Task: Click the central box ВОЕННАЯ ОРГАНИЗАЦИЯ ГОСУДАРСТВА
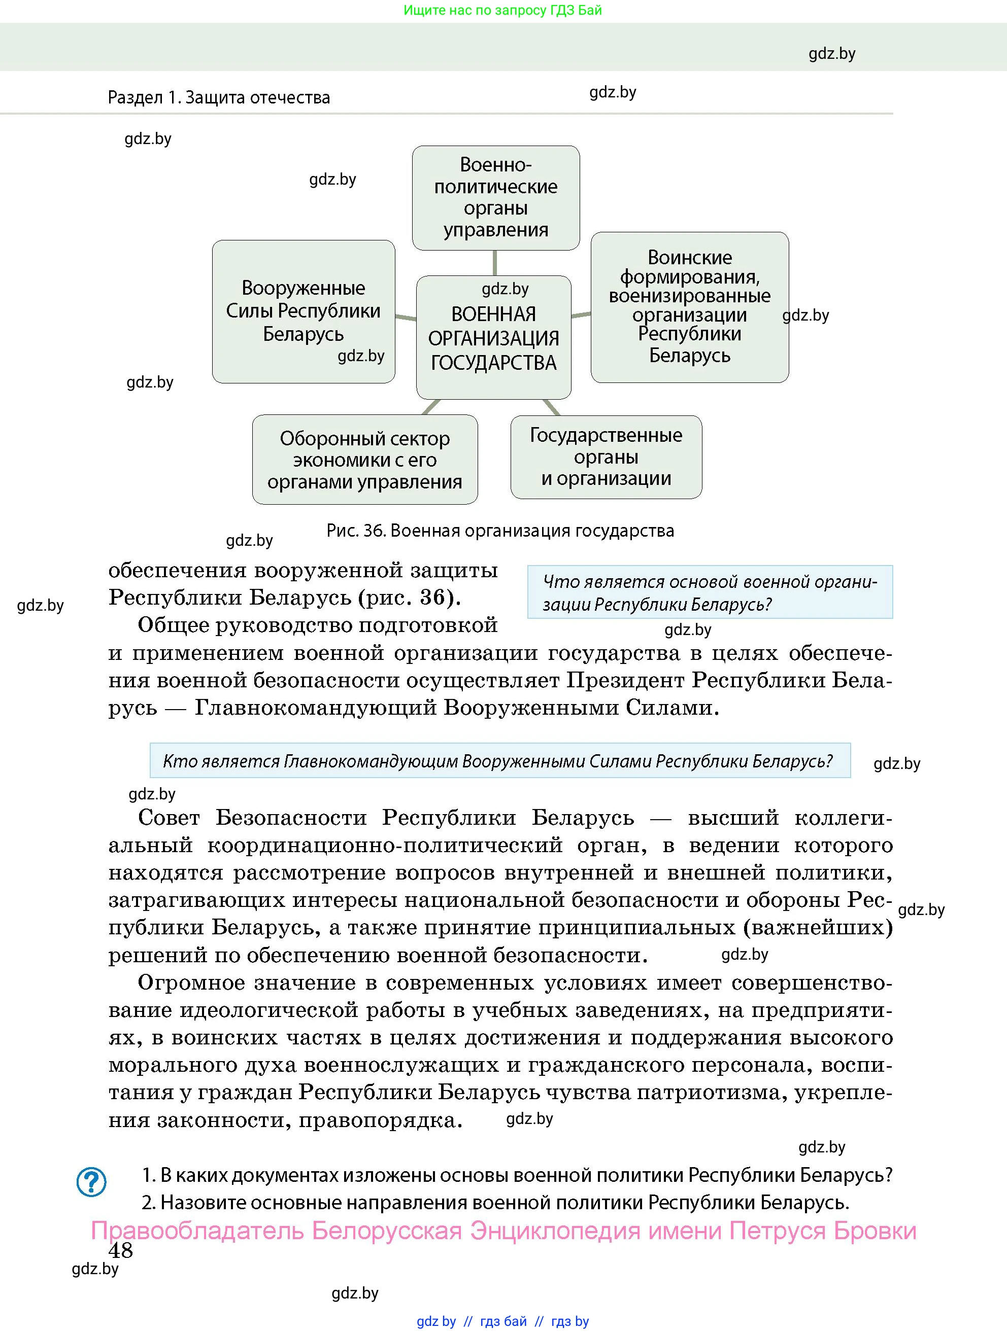493,338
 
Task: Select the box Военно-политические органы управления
495,197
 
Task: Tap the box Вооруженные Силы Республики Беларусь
304,311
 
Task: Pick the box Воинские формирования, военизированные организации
690,306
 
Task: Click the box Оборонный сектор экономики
364,460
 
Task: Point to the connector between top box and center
495,263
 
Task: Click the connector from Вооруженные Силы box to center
406,317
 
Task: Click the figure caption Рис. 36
499,531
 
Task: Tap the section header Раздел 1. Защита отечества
218,98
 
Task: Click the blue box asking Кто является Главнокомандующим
499,760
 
